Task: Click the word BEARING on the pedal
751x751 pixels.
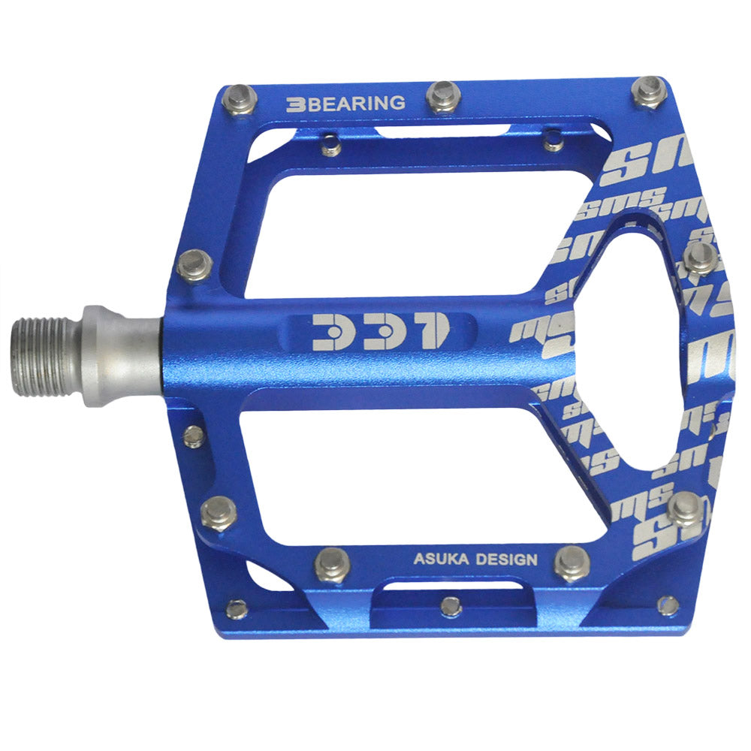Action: pos(357,104)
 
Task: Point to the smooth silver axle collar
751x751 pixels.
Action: pos(120,355)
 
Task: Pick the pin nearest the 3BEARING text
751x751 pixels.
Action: pos(240,99)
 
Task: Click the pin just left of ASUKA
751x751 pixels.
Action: pos(332,563)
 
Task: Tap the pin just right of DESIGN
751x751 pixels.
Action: pos(572,562)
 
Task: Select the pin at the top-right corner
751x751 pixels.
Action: pos(649,91)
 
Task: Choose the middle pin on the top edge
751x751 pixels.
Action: pos(443,96)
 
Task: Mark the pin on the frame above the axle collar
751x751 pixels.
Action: pos(195,265)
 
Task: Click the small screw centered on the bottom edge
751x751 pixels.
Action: pos(451,605)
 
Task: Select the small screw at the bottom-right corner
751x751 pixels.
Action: pos(667,605)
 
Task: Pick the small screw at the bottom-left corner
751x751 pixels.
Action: pos(237,609)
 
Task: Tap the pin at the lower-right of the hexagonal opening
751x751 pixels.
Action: pos(684,509)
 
